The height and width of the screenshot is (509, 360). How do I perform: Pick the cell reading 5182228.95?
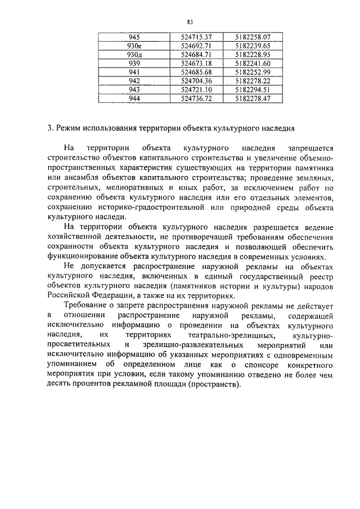[253, 55]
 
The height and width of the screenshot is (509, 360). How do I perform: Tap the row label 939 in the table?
[134, 64]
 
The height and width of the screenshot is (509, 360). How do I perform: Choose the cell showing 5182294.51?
[253, 90]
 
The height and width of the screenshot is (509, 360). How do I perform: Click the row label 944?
[134, 99]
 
